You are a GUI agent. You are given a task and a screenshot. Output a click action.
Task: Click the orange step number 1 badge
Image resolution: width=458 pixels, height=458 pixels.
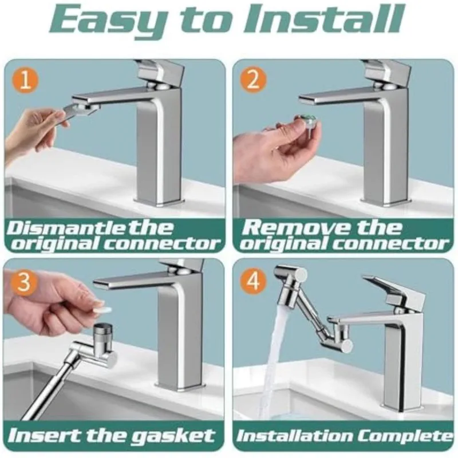click(x=26, y=81)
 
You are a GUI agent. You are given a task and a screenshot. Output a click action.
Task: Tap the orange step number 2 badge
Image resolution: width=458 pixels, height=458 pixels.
click(x=253, y=80)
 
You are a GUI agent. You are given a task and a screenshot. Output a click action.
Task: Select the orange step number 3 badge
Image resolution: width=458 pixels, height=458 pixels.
click(x=24, y=282)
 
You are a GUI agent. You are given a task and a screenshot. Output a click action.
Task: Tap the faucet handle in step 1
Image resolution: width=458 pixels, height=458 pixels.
click(x=161, y=73)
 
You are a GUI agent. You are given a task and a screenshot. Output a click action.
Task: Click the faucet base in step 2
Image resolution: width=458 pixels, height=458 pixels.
click(x=385, y=202)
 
